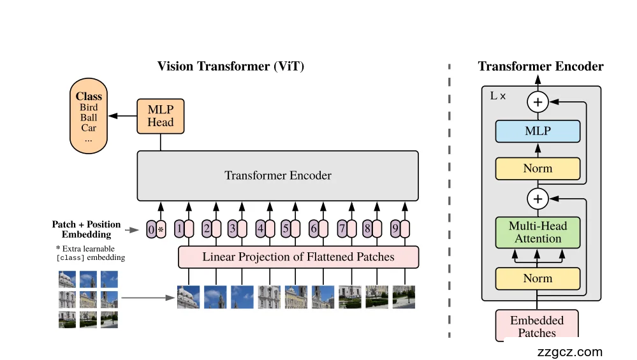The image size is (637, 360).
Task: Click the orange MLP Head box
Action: (x=161, y=116)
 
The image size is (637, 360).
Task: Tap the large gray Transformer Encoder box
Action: (x=277, y=175)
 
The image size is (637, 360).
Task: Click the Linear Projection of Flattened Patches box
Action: (x=298, y=257)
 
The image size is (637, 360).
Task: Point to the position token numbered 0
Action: (x=150, y=229)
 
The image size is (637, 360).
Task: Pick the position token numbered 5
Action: (x=286, y=229)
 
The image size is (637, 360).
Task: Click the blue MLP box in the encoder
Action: (x=538, y=131)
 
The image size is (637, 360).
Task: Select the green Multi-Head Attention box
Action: (x=538, y=233)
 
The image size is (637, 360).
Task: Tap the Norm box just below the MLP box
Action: (x=538, y=169)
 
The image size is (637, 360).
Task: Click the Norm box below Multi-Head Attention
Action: (x=538, y=278)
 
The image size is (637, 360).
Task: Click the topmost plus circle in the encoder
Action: (x=538, y=101)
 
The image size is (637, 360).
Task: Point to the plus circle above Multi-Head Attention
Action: (x=538, y=199)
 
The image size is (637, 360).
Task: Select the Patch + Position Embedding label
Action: (x=86, y=229)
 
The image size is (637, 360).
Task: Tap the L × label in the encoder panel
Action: (x=498, y=96)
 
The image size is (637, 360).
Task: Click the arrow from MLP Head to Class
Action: (x=122, y=116)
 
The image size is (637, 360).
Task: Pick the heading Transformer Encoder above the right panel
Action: (x=540, y=66)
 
